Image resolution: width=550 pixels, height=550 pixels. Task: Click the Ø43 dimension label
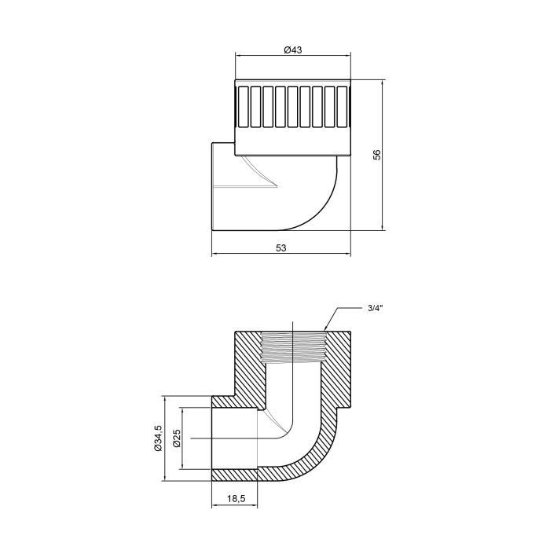pyautogui.click(x=293, y=49)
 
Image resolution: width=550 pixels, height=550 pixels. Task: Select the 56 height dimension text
pyautogui.click(x=376, y=155)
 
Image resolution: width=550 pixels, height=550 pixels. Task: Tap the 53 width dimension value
pyautogui.click(x=281, y=247)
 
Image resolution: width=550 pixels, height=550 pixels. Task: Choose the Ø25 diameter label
pyautogui.click(x=177, y=438)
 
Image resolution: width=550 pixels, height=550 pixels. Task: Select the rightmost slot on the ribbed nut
pyautogui.click(x=343, y=106)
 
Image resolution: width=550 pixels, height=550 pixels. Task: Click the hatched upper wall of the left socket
pyautogui.click(x=236, y=401)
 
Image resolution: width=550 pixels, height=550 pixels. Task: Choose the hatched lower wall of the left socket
pyautogui.click(x=236, y=475)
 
